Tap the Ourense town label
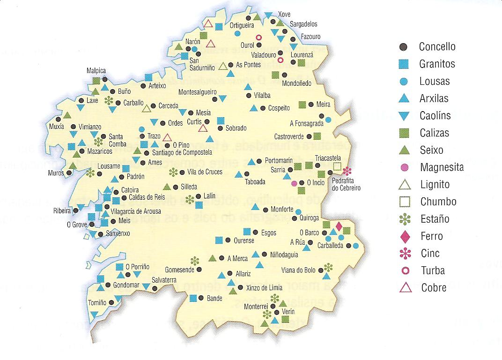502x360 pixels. click(x=244, y=240)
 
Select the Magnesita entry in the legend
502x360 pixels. click(x=442, y=167)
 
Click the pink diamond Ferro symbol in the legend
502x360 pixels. click(x=405, y=236)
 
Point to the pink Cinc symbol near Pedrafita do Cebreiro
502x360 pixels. click(x=347, y=171)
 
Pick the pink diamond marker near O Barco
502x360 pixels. click(x=339, y=227)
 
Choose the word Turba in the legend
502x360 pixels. click(x=433, y=270)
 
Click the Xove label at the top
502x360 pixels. click(x=284, y=14)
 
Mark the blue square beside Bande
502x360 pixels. click(x=193, y=298)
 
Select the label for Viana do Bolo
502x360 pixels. click(x=298, y=270)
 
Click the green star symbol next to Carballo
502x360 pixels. click(x=109, y=99)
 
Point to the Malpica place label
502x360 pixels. click(x=96, y=71)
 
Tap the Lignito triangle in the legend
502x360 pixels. click(x=405, y=185)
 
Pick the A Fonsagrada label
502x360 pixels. click(x=307, y=124)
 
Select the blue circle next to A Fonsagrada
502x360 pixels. click(x=329, y=120)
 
